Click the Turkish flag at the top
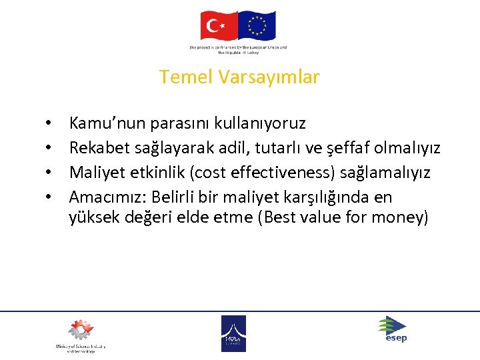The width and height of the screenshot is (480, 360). [x=219, y=26]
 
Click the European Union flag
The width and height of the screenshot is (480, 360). [x=257, y=26]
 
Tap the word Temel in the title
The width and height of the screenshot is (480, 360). [x=186, y=77]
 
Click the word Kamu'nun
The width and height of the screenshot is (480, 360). [x=99, y=123]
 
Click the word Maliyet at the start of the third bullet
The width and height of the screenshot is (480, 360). [x=95, y=173]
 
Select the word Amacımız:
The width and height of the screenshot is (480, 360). [x=108, y=197]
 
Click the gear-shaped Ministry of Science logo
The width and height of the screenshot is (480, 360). [x=79, y=331]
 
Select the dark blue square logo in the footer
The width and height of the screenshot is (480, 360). [x=233, y=333]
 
